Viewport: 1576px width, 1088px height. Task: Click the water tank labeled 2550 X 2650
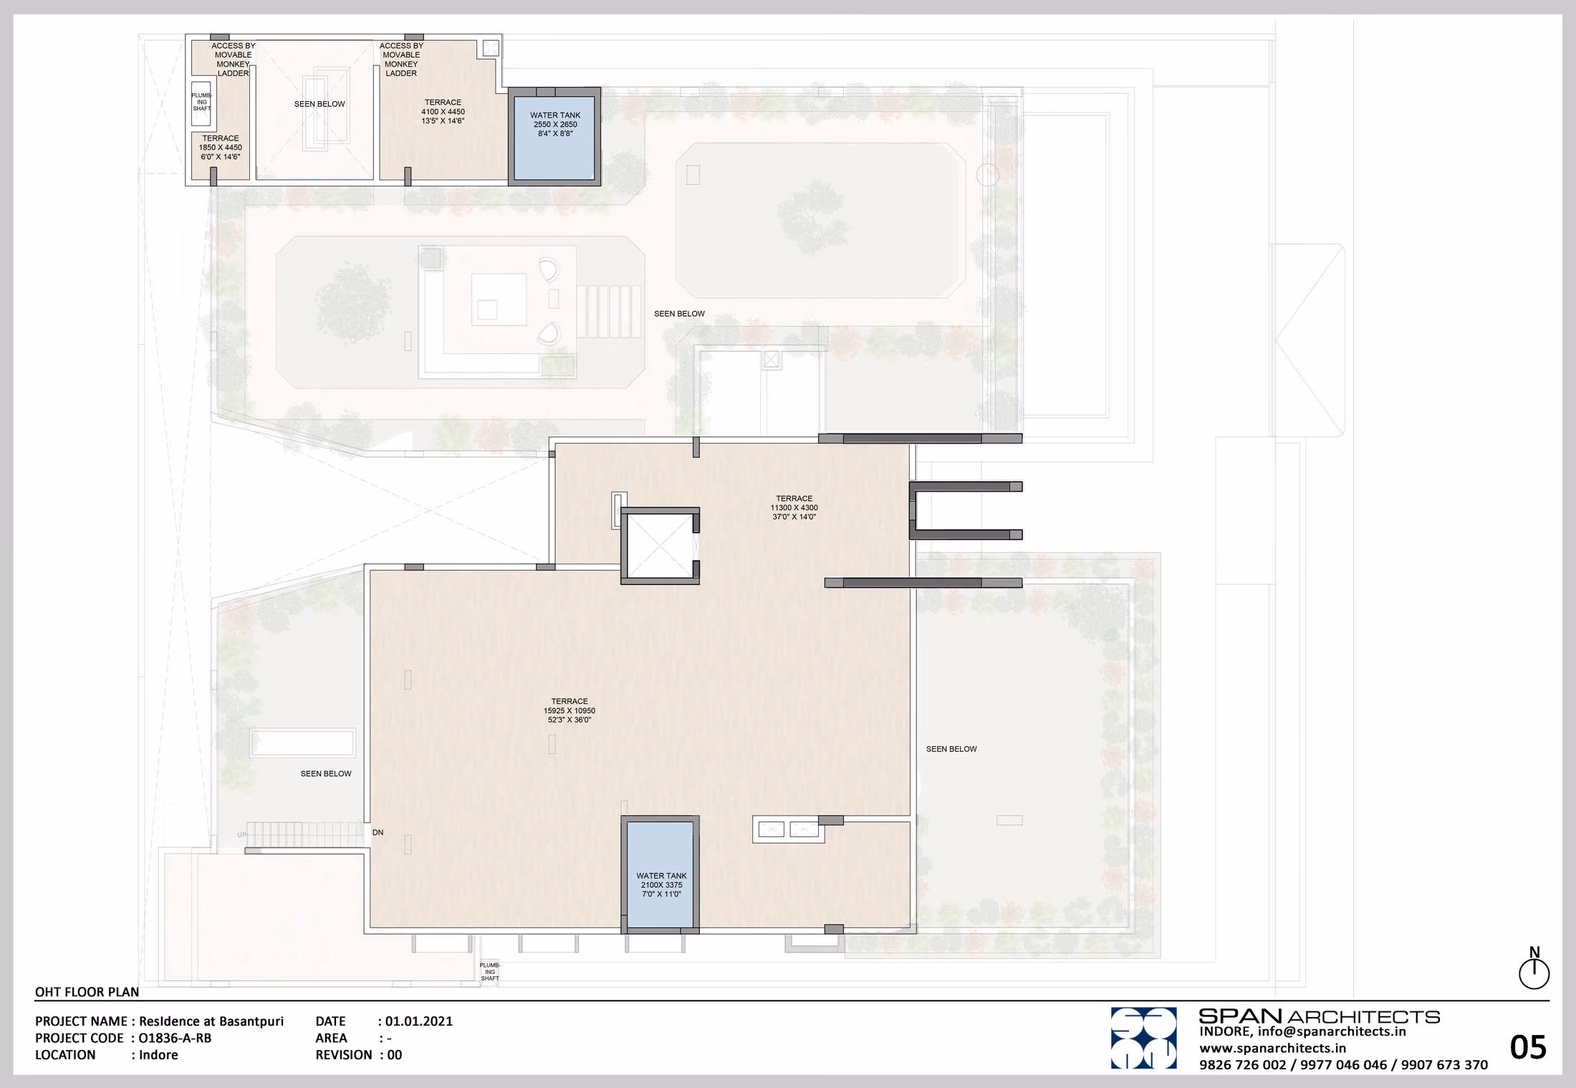[554, 137]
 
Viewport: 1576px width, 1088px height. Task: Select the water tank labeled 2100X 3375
[660, 874]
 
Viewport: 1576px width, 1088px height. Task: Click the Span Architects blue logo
[1143, 1038]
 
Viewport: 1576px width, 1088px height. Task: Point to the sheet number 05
[1528, 1048]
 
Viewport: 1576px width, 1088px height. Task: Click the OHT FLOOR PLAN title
[87, 992]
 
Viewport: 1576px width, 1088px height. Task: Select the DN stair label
[378, 832]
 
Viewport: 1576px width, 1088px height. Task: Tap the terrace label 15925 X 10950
[570, 710]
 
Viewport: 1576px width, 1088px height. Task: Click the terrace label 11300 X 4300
[794, 507]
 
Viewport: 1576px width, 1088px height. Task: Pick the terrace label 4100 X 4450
[443, 111]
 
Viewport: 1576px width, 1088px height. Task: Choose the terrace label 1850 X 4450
[220, 147]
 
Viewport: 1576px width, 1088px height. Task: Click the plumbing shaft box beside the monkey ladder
[201, 105]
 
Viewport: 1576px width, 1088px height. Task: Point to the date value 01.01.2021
[419, 1021]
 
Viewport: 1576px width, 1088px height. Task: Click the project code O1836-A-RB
[175, 1038]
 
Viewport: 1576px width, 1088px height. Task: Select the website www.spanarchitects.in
[1273, 1048]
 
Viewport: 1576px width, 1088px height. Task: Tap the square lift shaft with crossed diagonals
[659, 545]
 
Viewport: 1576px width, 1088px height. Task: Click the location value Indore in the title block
[158, 1054]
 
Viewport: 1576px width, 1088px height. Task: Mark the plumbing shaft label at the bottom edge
[490, 972]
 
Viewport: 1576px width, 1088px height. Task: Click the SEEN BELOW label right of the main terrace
[951, 749]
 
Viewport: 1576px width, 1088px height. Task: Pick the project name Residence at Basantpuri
[211, 1021]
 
